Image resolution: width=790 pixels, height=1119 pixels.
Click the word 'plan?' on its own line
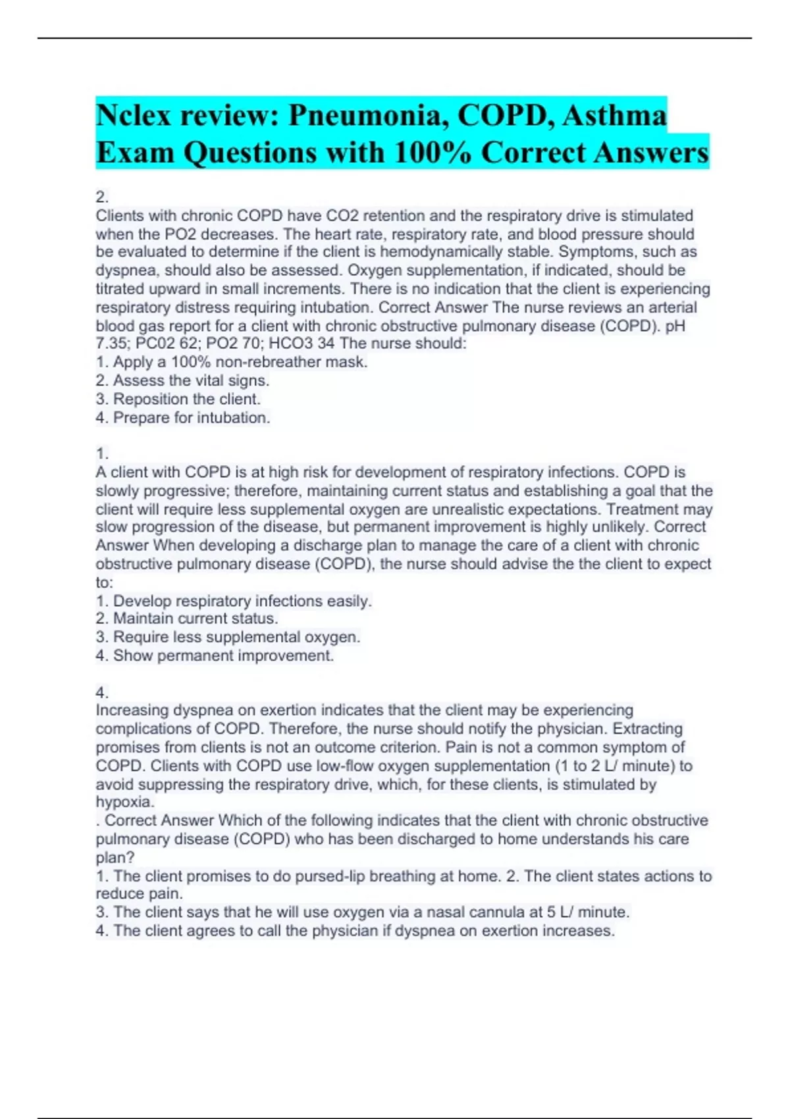point(115,858)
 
